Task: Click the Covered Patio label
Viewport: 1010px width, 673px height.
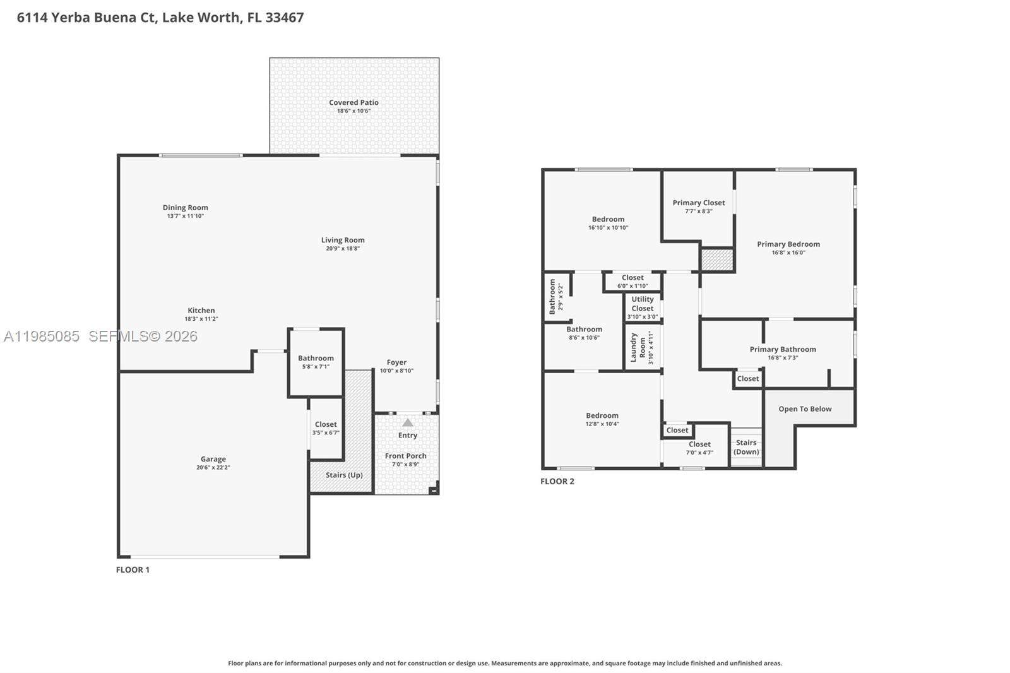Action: click(353, 102)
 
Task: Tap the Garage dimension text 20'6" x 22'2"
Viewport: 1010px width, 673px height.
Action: click(213, 468)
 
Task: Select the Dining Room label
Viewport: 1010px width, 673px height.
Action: click(185, 207)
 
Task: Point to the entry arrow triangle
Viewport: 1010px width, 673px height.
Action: click(408, 422)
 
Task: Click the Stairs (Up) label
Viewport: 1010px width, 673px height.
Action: click(344, 475)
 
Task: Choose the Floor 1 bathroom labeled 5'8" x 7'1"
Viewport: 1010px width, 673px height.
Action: click(316, 362)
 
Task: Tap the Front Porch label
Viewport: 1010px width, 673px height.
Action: click(405, 456)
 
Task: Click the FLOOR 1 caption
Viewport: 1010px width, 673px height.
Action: click(133, 569)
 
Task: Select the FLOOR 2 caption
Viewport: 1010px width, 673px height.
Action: click(557, 481)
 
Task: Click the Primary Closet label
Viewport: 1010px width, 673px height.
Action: click(698, 203)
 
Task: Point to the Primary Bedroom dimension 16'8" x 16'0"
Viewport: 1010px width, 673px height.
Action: click(788, 253)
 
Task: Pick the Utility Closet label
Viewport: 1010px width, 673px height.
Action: click(643, 304)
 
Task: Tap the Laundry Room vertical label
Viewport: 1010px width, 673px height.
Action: click(638, 347)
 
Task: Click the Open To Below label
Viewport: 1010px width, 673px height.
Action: click(805, 408)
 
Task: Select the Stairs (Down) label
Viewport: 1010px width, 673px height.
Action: click(746, 447)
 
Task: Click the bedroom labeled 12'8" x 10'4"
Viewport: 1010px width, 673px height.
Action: click(602, 419)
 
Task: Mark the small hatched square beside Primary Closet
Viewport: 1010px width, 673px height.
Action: click(717, 260)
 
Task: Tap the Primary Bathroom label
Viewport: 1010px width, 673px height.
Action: click(783, 349)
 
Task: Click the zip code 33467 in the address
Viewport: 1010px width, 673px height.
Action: click(284, 17)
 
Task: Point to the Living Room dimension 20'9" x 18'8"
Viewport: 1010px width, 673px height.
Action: click(343, 249)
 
